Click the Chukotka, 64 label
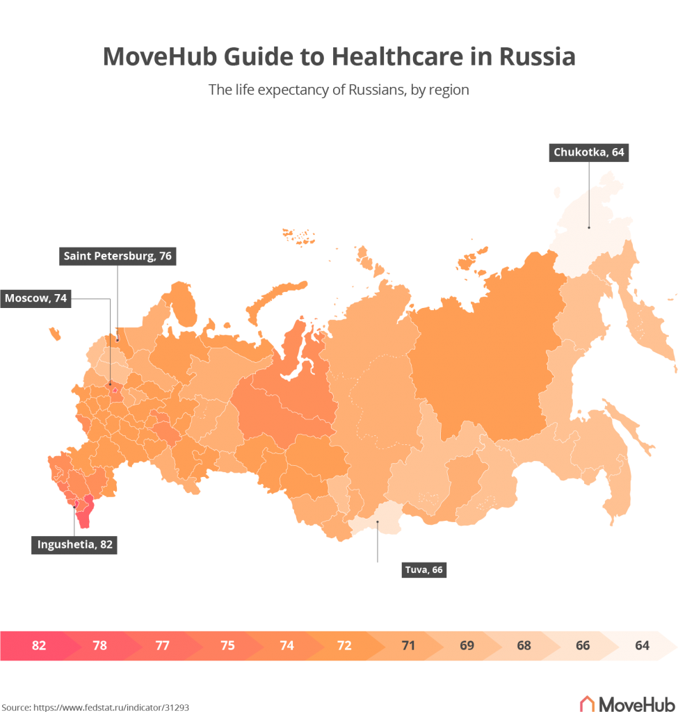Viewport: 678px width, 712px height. point(589,152)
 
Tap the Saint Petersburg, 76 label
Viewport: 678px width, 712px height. point(118,257)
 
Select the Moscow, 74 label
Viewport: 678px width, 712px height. point(36,298)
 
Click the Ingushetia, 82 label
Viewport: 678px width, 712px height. point(74,544)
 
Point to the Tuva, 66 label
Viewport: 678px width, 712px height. point(423,570)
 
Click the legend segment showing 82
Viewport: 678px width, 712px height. point(39,645)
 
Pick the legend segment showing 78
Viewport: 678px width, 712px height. point(100,645)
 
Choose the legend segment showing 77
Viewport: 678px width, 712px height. point(163,645)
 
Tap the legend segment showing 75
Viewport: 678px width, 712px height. point(227,645)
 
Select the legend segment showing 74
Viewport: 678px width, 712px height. point(286,645)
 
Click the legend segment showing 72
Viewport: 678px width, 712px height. point(344,645)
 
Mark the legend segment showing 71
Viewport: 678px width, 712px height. point(408,645)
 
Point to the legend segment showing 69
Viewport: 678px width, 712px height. point(467,645)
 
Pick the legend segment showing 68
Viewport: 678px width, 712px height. point(524,645)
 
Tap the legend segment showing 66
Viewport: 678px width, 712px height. point(583,645)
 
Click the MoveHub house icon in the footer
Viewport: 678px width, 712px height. point(588,702)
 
